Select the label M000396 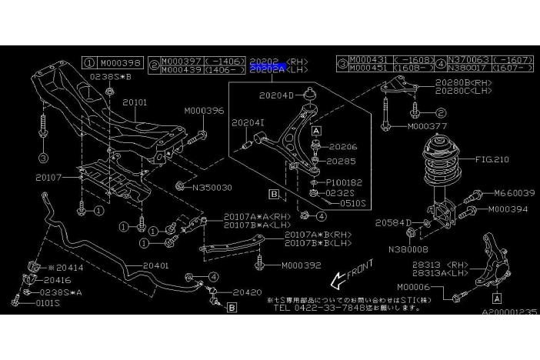point(204,111)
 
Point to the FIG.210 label point(493,160)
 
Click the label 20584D point(395,222)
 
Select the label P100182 point(343,182)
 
